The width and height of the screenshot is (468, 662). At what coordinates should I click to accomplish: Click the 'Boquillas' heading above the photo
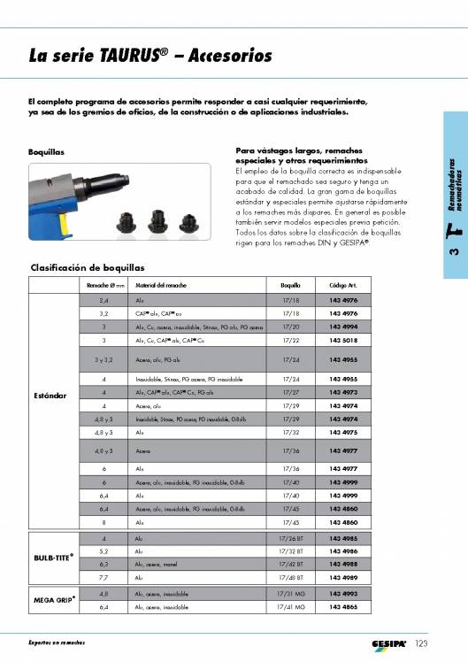point(46,151)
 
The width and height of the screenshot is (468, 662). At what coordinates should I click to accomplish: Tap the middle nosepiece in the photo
point(160,218)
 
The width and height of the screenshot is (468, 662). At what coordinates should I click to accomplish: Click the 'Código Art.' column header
point(342,286)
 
